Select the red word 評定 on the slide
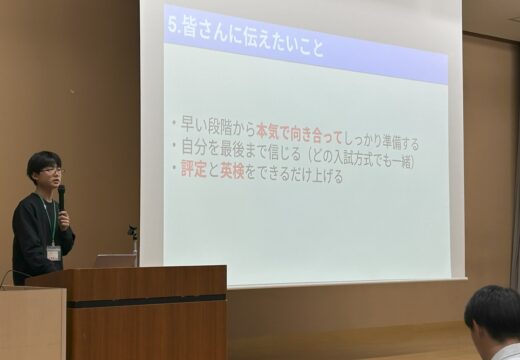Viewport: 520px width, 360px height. [x=191, y=173]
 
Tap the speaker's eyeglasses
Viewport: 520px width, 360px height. [x=51, y=171]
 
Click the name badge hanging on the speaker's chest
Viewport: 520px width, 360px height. [x=53, y=252]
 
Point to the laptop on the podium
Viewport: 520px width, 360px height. [x=115, y=260]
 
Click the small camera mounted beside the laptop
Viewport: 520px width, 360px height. [x=132, y=233]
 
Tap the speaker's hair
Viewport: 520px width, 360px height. [x=43, y=159]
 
